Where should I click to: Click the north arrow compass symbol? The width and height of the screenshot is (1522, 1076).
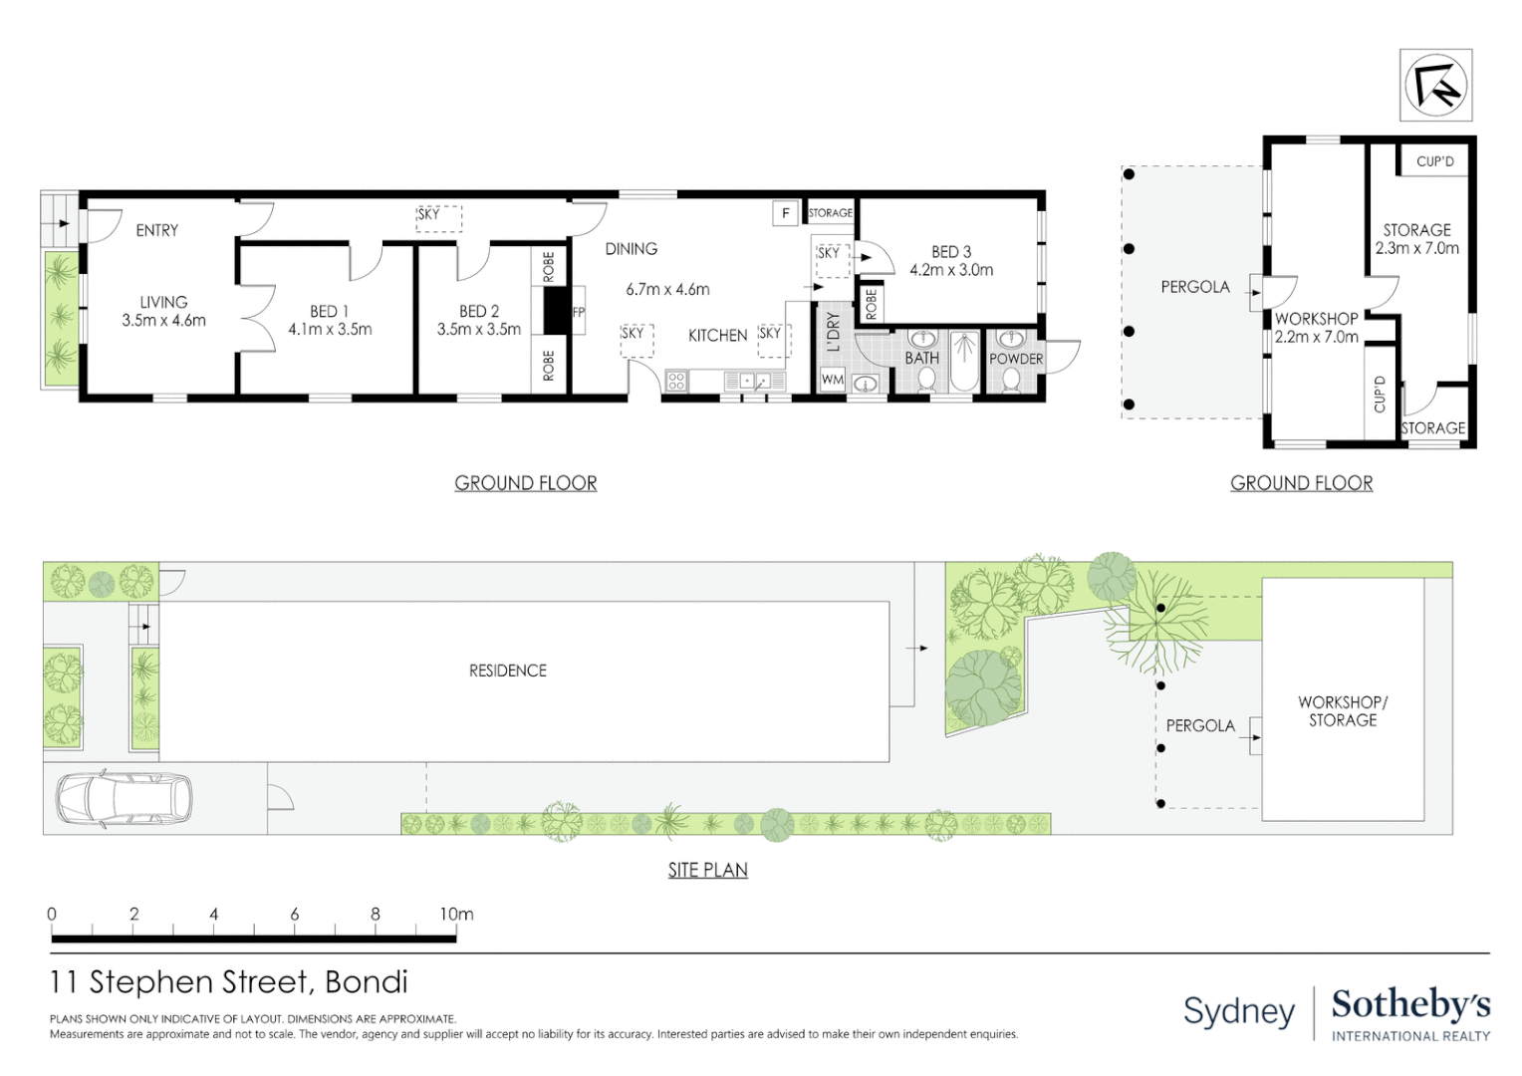click(1435, 86)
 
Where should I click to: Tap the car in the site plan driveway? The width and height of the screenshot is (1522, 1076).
click(124, 798)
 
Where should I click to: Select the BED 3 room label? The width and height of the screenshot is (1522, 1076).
click(950, 252)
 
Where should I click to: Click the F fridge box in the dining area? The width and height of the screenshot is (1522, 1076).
click(786, 213)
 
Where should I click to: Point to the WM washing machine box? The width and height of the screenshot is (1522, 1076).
click(832, 380)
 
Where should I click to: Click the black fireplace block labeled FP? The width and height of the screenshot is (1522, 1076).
click(556, 311)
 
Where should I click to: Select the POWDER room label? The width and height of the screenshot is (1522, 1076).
click(1015, 359)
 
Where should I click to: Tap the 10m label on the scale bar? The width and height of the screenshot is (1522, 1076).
click(456, 914)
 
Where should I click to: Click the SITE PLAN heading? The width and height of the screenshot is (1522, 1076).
click(707, 870)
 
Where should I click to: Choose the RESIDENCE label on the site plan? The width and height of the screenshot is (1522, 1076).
click(508, 671)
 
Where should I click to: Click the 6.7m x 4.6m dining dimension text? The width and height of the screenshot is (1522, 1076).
click(667, 290)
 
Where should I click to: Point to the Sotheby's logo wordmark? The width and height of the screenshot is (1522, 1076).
click(1410, 1004)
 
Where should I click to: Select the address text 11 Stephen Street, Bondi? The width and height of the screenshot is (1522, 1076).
click(229, 982)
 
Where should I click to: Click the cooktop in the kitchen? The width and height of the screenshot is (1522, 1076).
click(676, 381)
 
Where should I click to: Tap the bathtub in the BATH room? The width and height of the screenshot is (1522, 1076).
click(964, 361)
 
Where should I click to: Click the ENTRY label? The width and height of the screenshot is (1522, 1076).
click(157, 230)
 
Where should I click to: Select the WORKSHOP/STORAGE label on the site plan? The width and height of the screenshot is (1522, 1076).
click(1343, 711)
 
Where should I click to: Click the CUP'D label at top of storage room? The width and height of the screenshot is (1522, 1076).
click(1434, 161)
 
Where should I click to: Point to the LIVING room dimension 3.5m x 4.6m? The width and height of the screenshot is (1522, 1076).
click(164, 321)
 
